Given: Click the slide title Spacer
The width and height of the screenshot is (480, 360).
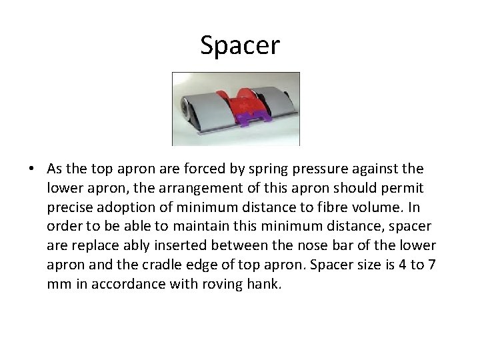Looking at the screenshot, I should point(240,45).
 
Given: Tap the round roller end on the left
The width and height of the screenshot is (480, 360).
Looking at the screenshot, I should point(184,108).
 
